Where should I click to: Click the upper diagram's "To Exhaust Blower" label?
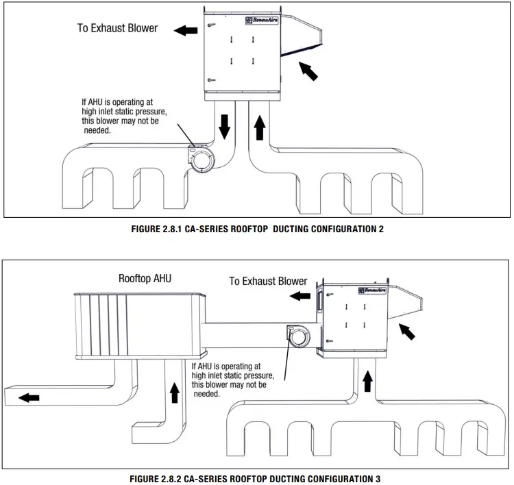117,29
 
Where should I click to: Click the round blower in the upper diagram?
204,161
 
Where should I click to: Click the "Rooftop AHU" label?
145,279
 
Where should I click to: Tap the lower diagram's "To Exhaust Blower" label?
268,281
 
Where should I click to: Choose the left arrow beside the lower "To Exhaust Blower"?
299,296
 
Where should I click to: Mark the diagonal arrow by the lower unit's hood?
407,333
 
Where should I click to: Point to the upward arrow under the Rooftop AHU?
174,392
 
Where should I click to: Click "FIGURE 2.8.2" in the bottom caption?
162,477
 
